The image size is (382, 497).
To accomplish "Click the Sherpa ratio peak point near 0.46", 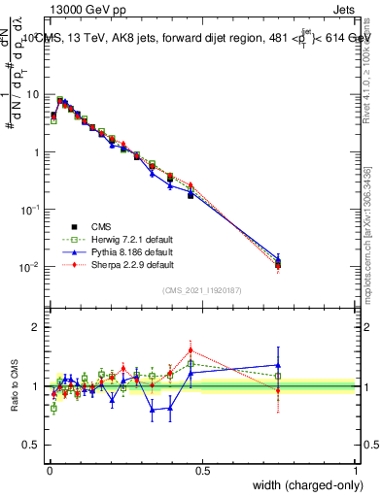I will coord(191,349).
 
